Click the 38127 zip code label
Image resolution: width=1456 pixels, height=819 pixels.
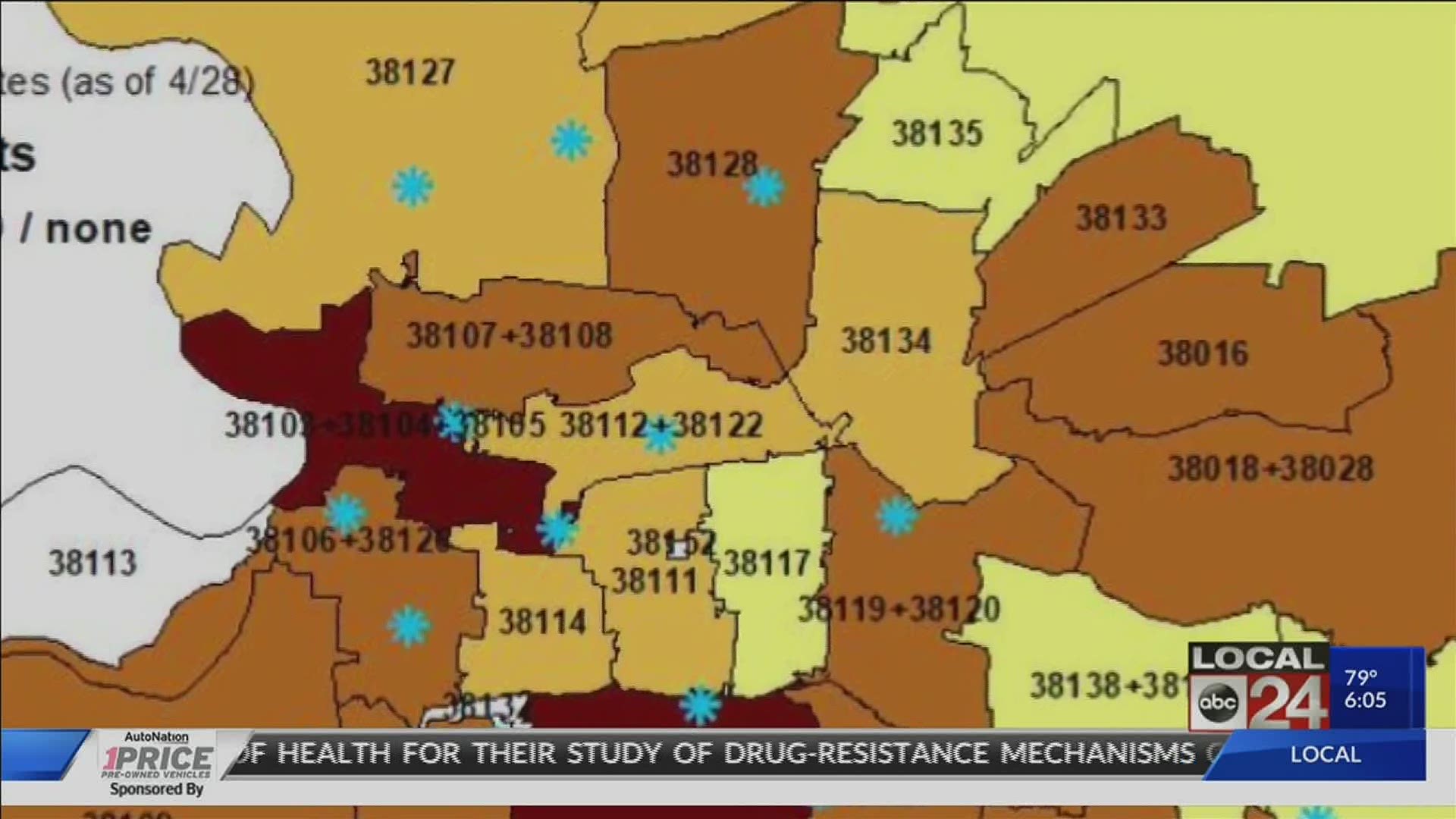410,73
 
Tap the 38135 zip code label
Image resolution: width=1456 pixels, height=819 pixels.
937,133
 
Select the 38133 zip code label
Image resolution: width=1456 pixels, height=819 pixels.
1121,218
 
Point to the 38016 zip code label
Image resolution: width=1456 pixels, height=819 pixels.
1202,353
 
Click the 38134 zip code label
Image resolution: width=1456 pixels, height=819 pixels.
885,340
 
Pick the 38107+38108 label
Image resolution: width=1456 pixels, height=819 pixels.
509,335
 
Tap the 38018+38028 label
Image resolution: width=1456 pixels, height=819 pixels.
1270,468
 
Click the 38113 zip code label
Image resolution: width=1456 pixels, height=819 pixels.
93,563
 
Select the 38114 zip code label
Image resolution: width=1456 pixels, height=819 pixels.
542,622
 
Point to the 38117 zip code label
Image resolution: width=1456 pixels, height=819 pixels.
767,563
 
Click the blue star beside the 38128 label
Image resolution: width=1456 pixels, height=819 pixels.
764,187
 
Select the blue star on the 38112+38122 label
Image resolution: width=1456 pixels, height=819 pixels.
658,435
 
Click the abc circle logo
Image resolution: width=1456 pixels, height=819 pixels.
1217,701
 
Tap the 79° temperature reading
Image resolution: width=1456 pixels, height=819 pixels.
1360,676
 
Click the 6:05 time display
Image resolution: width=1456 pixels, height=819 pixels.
1365,700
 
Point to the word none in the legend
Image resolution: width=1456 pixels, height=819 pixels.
99,230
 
